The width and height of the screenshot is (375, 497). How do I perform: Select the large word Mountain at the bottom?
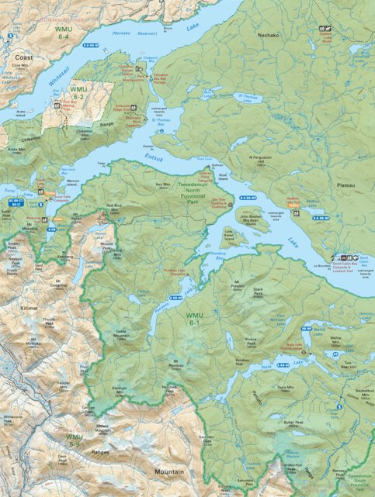point(168,471)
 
